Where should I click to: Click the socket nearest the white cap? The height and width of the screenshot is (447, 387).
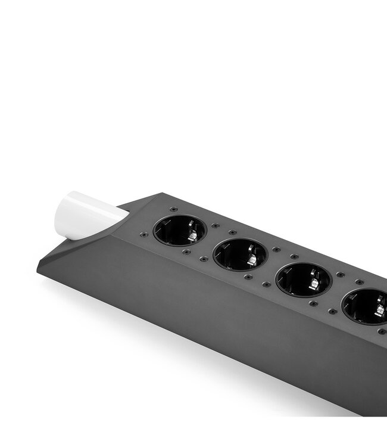[x=180, y=230]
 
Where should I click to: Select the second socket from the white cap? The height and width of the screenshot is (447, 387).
[x=240, y=254]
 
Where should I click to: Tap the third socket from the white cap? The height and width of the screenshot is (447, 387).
[x=303, y=280]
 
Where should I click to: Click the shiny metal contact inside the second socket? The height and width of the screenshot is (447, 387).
[x=252, y=261]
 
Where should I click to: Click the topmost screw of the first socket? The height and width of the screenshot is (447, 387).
[x=173, y=209]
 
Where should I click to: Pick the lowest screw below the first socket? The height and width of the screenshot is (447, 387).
[x=186, y=252]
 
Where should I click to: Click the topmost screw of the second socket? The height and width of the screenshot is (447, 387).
[x=232, y=233]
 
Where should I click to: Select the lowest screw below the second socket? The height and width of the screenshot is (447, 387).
[x=248, y=277]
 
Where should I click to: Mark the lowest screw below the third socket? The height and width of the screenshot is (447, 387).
[x=313, y=303]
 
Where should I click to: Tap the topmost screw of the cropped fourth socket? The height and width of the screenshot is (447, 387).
[x=359, y=282]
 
